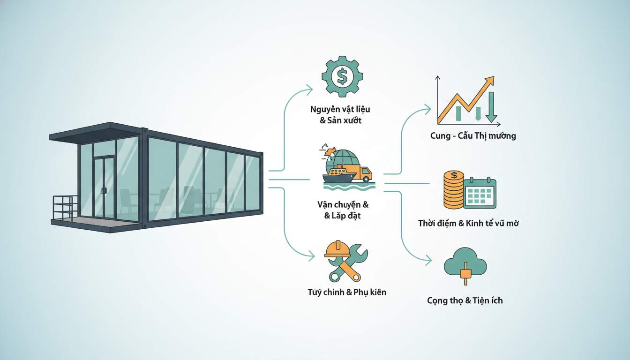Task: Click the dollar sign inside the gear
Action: [x=342, y=76]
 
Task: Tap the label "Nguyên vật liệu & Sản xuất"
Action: [x=340, y=115]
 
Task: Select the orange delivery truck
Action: [x=359, y=172]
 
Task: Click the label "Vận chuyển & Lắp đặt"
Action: [x=343, y=210]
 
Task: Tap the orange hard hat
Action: [x=337, y=249]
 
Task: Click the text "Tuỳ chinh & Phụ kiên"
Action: [x=347, y=292]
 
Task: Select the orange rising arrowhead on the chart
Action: [x=489, y=81]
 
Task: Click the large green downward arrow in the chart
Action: [x=491, y=107]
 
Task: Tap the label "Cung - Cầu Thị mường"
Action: [x=473, y=136]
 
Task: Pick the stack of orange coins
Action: [x=454, y=190]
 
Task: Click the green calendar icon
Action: [x=480, y=193]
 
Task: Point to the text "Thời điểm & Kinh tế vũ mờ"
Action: [x=468, y=223]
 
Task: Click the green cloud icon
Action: [x=465, y=262]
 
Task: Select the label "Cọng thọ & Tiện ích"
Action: [x=465, y=300]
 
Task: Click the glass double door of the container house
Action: [x=104, y=188]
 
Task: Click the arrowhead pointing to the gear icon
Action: [x=310, y=90]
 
